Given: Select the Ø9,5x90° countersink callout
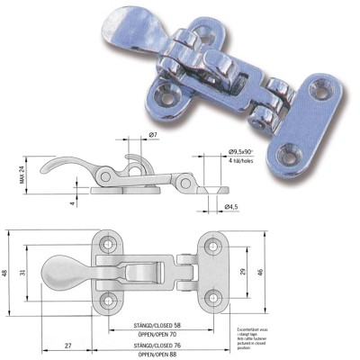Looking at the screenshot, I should pyautogui.click(x=246, y=150).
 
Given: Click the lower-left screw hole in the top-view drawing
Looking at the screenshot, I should pyautogui.click(x=109, y=299).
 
